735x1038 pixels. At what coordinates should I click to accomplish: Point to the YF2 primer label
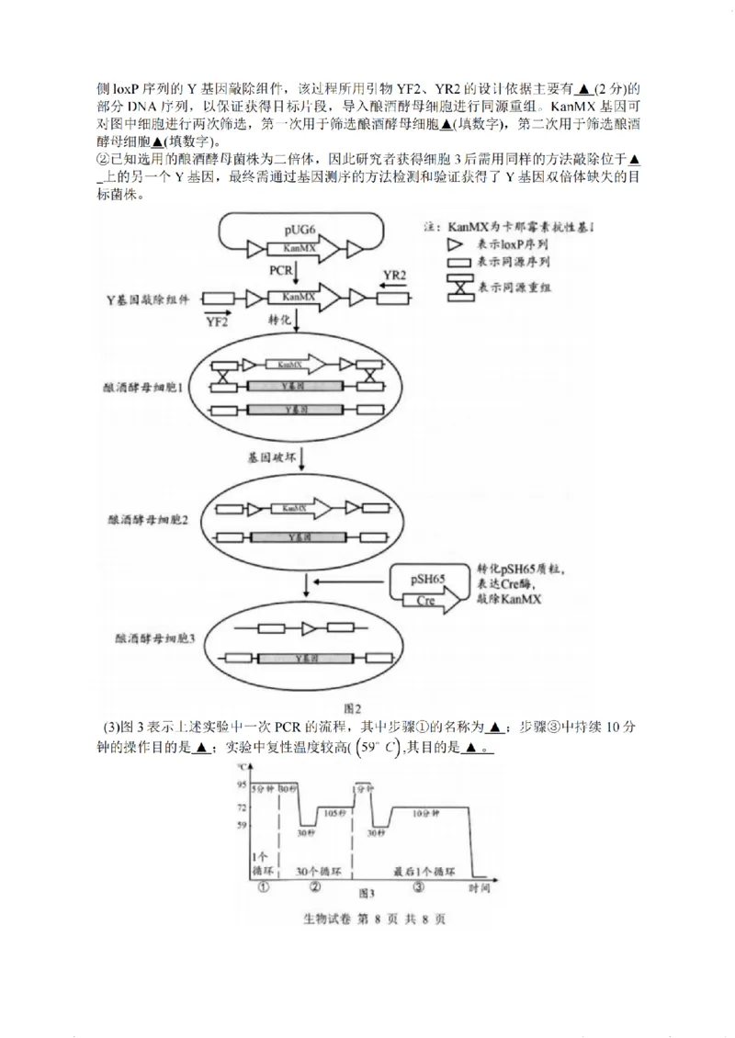217,321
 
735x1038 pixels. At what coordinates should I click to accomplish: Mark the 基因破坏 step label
267,456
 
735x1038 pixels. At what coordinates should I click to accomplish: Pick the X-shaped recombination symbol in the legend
456,288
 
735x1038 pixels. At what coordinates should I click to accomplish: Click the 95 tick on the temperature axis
241,784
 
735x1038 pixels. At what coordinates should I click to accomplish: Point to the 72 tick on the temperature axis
241,807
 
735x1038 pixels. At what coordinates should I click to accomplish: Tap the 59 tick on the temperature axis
241,826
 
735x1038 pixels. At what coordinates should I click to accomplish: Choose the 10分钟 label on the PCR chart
425,813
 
